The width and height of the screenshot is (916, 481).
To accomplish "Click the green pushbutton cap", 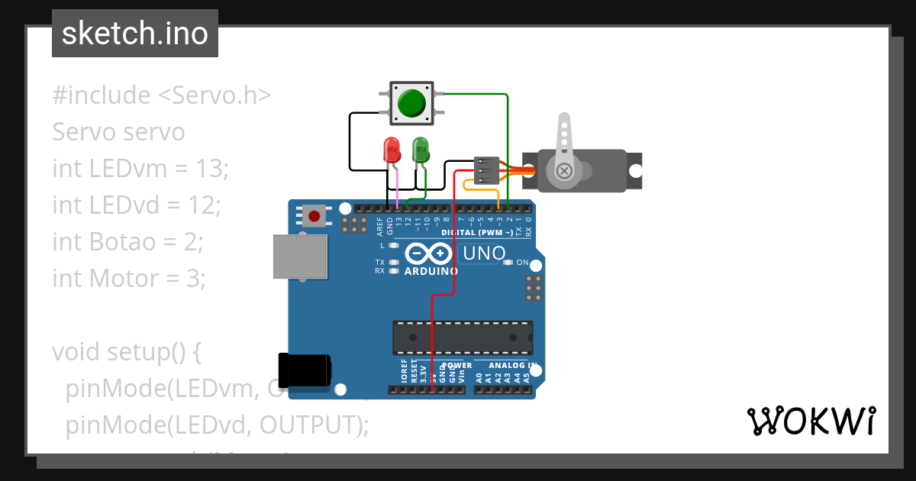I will click(412, 102).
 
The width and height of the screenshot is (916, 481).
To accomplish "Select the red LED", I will click(392, 149).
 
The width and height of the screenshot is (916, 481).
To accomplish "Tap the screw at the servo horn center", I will click(564, 170).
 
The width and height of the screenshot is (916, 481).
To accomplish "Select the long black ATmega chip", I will click(463, 337).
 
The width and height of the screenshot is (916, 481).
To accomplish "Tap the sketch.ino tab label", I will click(135, 34).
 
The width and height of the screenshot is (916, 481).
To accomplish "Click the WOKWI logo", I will click(811, 421).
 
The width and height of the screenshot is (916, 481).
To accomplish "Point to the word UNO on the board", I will click(482, 253).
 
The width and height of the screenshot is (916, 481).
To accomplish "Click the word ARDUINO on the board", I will click(431, 271).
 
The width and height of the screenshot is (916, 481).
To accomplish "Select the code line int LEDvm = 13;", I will click(140, 168).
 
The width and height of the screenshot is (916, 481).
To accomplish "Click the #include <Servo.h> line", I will click(162, 95).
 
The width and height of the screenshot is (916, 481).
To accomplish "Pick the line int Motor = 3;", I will click(129, 279).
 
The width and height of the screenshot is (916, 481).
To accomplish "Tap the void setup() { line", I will click(126, 352).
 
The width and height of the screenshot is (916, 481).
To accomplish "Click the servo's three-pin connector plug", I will click(486, 170).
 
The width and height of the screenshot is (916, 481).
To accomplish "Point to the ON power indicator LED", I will click(509, 263).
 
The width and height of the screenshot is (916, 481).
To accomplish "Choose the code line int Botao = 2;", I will click(127, 242).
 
